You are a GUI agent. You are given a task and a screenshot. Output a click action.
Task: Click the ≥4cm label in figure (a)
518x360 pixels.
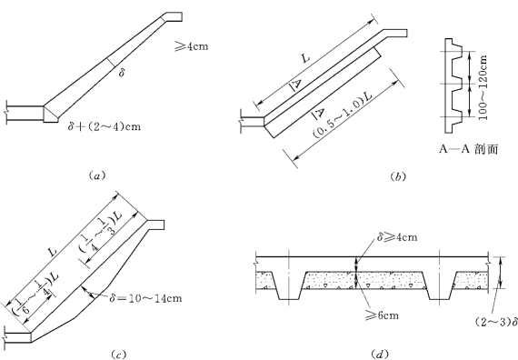[192, 46]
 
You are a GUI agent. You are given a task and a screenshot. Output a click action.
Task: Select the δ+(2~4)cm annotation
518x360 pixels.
[105, 126]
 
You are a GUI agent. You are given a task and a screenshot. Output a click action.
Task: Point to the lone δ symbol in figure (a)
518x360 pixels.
[122, 73]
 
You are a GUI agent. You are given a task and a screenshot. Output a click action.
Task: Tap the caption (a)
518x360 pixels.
[97, 175]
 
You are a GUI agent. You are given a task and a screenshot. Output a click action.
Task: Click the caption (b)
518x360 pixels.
[397, 177]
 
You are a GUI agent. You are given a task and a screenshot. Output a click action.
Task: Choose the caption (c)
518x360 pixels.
[118, 355]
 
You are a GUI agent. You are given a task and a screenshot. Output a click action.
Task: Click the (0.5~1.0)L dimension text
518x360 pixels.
[342, 115]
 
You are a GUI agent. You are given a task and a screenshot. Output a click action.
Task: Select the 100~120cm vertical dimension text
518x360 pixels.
[483, 87]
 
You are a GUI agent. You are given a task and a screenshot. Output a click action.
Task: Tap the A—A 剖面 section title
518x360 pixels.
[468, 149]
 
